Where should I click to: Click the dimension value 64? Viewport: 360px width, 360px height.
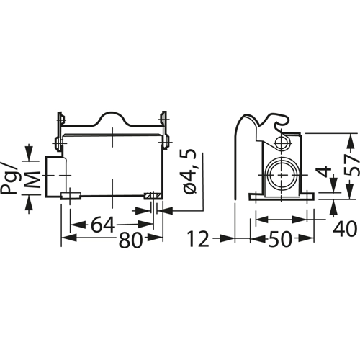coord(103,225)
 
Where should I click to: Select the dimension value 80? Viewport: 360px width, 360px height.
coord(130,240)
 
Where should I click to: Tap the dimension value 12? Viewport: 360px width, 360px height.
coord(198,239)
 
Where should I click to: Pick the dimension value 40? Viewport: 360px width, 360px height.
coord(345,229)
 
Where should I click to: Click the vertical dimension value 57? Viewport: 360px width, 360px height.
coord(351,164)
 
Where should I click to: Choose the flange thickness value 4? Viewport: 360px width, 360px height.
coord(325,173)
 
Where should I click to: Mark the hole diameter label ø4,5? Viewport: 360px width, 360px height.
coord(189,171)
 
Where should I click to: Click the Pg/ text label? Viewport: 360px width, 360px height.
coord(9,178)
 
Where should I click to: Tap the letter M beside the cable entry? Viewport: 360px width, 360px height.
coord(33,179)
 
